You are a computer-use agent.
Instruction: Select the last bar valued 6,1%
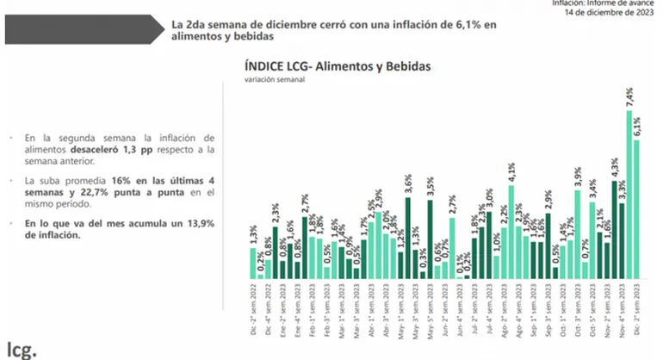(x=637, y=210)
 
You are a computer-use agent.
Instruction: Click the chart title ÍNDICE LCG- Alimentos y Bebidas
(x=338, y=65)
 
